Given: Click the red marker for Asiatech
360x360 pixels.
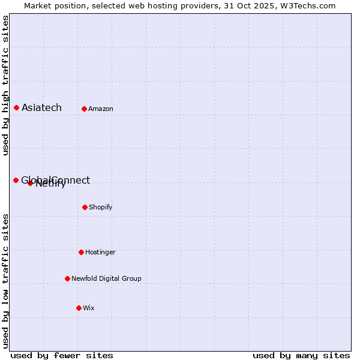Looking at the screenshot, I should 16,107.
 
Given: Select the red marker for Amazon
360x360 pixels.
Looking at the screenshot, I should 84,109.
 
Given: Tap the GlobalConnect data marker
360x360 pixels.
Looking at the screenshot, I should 16,180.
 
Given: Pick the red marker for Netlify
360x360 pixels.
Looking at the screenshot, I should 30,183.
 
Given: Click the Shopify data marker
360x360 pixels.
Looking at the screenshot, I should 85,207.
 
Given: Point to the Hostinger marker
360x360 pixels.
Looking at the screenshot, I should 81,252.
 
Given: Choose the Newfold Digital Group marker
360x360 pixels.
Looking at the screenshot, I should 67,278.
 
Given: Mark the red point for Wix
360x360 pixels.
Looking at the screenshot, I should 79,308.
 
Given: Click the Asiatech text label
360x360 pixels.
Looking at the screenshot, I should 41,108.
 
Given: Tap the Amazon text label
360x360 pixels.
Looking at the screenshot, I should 101,109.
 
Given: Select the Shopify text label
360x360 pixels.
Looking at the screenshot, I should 101,208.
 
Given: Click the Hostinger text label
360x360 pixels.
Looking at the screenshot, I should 100,253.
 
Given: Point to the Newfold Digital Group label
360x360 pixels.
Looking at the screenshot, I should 106,279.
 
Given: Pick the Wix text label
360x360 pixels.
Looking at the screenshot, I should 89,308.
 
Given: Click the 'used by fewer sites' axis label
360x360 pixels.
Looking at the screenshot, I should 62,355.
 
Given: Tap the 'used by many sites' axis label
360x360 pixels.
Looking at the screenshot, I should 301,355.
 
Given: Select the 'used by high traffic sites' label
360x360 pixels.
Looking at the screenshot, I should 5,85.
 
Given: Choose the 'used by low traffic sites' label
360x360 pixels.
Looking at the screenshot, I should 5,280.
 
